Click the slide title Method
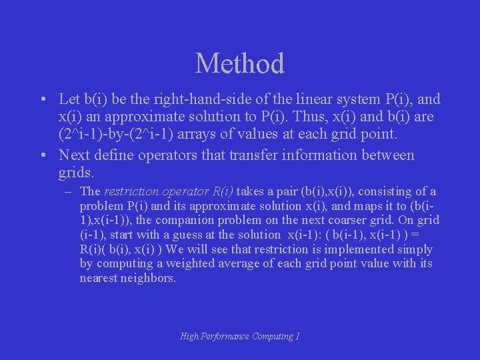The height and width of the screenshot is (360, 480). (x=240, y=63)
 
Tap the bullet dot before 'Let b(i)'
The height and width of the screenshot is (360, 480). (x=42, y=100)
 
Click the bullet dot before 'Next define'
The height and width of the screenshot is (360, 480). (x=42, y=156)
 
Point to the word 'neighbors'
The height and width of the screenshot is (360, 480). (x=150, y=278)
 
